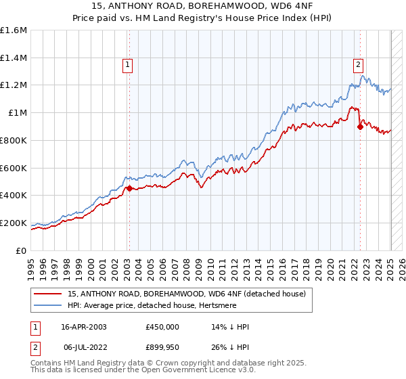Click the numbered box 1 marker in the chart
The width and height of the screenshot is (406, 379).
[127, 65]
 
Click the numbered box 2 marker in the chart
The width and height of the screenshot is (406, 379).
[358, 65]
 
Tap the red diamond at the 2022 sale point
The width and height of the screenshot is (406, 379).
[360, 127]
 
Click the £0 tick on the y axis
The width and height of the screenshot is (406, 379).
[22, 250]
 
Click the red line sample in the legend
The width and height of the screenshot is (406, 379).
[48, 294]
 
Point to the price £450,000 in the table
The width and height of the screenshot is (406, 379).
[162, 326]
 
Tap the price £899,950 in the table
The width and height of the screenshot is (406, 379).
[162, 347]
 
